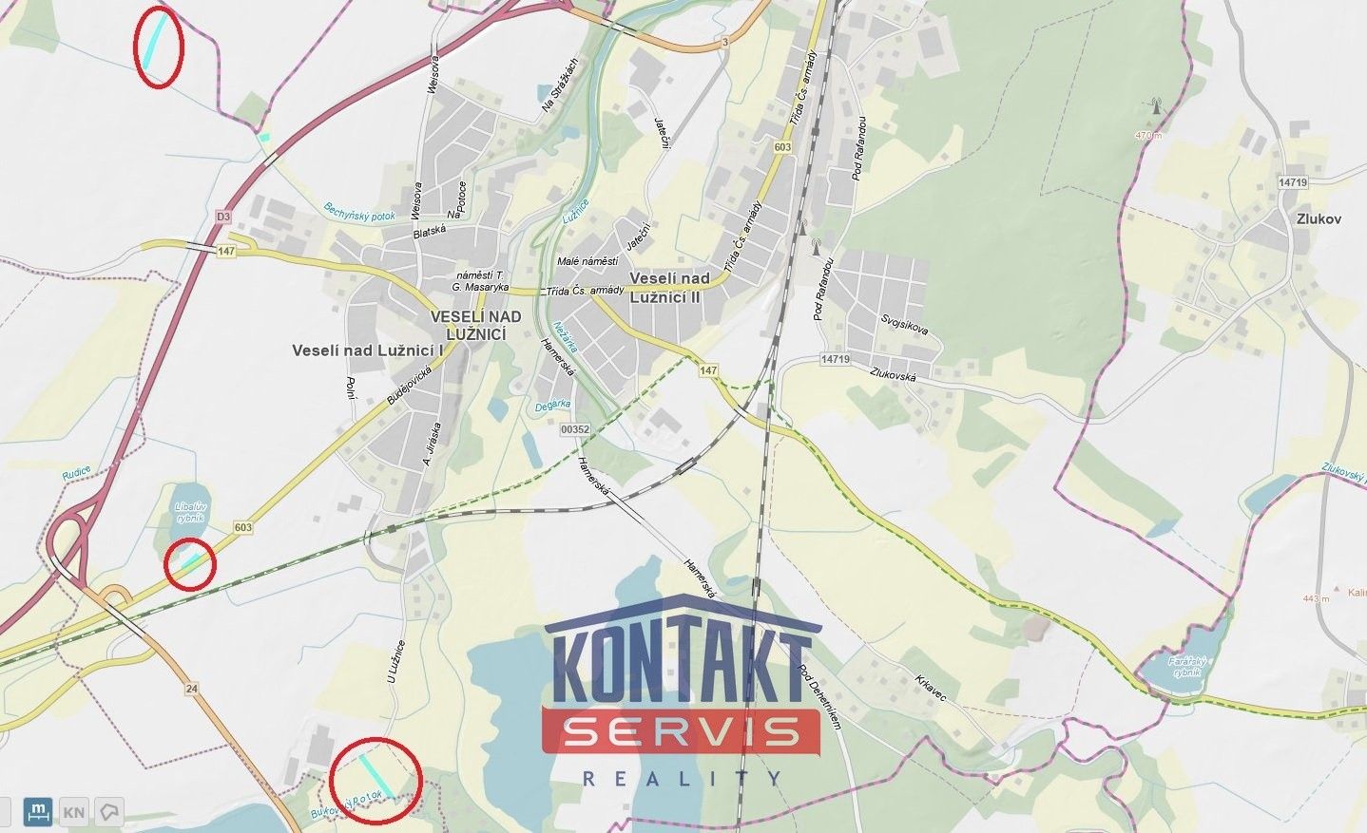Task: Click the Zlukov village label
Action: point(1317,218)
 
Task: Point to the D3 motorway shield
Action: point(223,217)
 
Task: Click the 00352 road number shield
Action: point(575,429)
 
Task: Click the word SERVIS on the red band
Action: point(680,731)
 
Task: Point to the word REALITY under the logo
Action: point(680,779)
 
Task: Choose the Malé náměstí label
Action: point(587,261)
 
